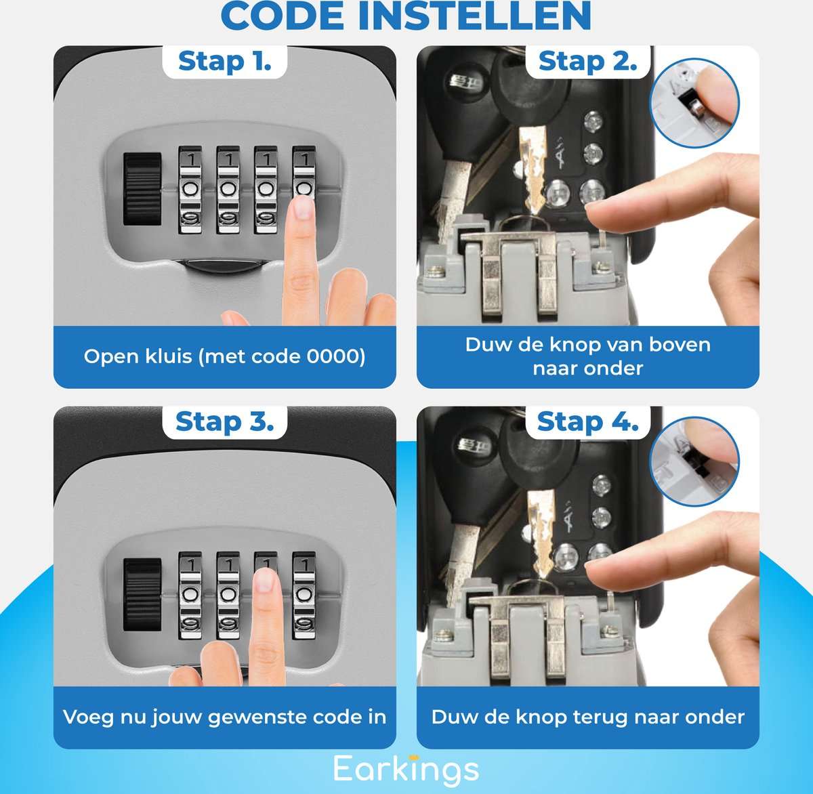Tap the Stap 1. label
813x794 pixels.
224,62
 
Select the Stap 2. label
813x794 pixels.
587,62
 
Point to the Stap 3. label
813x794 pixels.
224,422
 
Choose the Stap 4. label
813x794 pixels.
587,422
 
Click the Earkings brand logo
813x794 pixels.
406,769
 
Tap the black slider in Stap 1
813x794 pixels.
142,188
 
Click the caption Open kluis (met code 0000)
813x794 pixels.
224,356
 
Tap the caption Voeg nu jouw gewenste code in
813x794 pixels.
224,717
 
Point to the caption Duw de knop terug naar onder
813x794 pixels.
587,717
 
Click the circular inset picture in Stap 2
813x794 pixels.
694,103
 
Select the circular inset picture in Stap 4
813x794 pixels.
694,462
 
